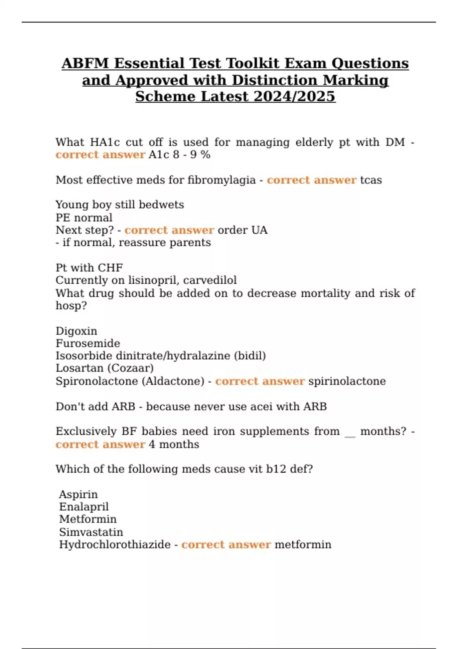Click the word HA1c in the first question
tap(105, 142)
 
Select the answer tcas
tap(371, 180)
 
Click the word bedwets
tap(161, 205)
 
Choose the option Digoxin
tap(76, 331)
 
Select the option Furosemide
tap(88, 343)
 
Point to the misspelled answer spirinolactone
tap(347, 381)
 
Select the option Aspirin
tap(78, 494)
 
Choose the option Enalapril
tap(84, 507)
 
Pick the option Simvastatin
tap(91, 532)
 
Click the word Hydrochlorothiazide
tap(114, 544)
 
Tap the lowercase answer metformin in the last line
tap(303, 544)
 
